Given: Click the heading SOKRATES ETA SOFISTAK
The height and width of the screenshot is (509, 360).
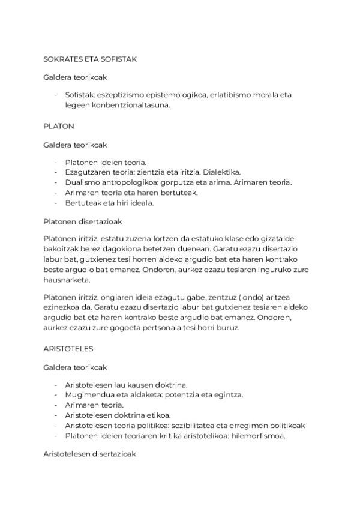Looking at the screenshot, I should [x=91, y=59].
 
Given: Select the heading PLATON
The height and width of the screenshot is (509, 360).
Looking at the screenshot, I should [x=58, y=127].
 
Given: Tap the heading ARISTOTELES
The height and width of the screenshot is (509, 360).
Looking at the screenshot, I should [x=68, y=348].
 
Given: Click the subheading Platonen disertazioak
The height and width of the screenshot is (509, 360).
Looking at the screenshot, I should [x=83, y=221].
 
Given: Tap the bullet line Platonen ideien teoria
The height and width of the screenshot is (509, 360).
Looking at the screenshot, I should [x=106, y=162].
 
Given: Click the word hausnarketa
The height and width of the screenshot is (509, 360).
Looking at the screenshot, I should [x=67, y=280].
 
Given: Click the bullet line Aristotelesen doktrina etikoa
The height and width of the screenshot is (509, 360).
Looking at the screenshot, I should [x=118, y=415].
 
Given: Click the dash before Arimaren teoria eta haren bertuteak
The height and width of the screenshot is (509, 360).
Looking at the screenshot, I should [x=56, y=193].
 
